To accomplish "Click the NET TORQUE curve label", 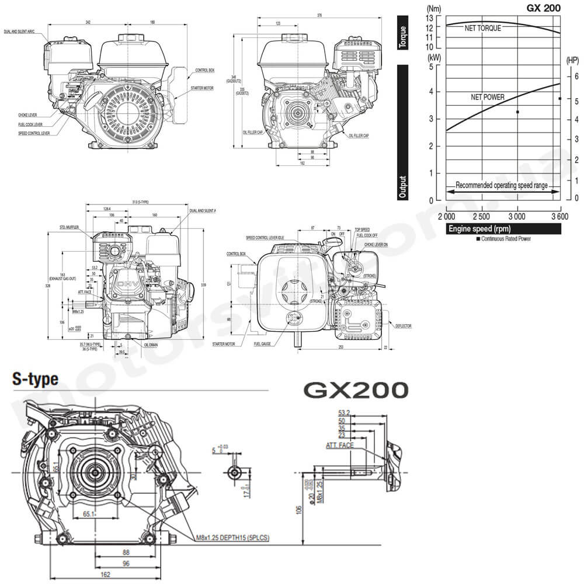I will point(482,28).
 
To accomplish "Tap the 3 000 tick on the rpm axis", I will point(517,217).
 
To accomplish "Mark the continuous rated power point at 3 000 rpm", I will point(517,112).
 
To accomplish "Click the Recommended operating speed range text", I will point(501,185).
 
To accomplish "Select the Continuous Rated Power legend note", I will point(504,239).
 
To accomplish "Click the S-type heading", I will point(36,380).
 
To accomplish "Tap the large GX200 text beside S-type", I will point(354,390).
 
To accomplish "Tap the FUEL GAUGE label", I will point(265,344).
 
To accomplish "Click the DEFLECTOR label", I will point(403,326).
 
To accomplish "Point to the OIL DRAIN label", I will point(151,345).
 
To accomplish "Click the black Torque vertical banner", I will point(402,32).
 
